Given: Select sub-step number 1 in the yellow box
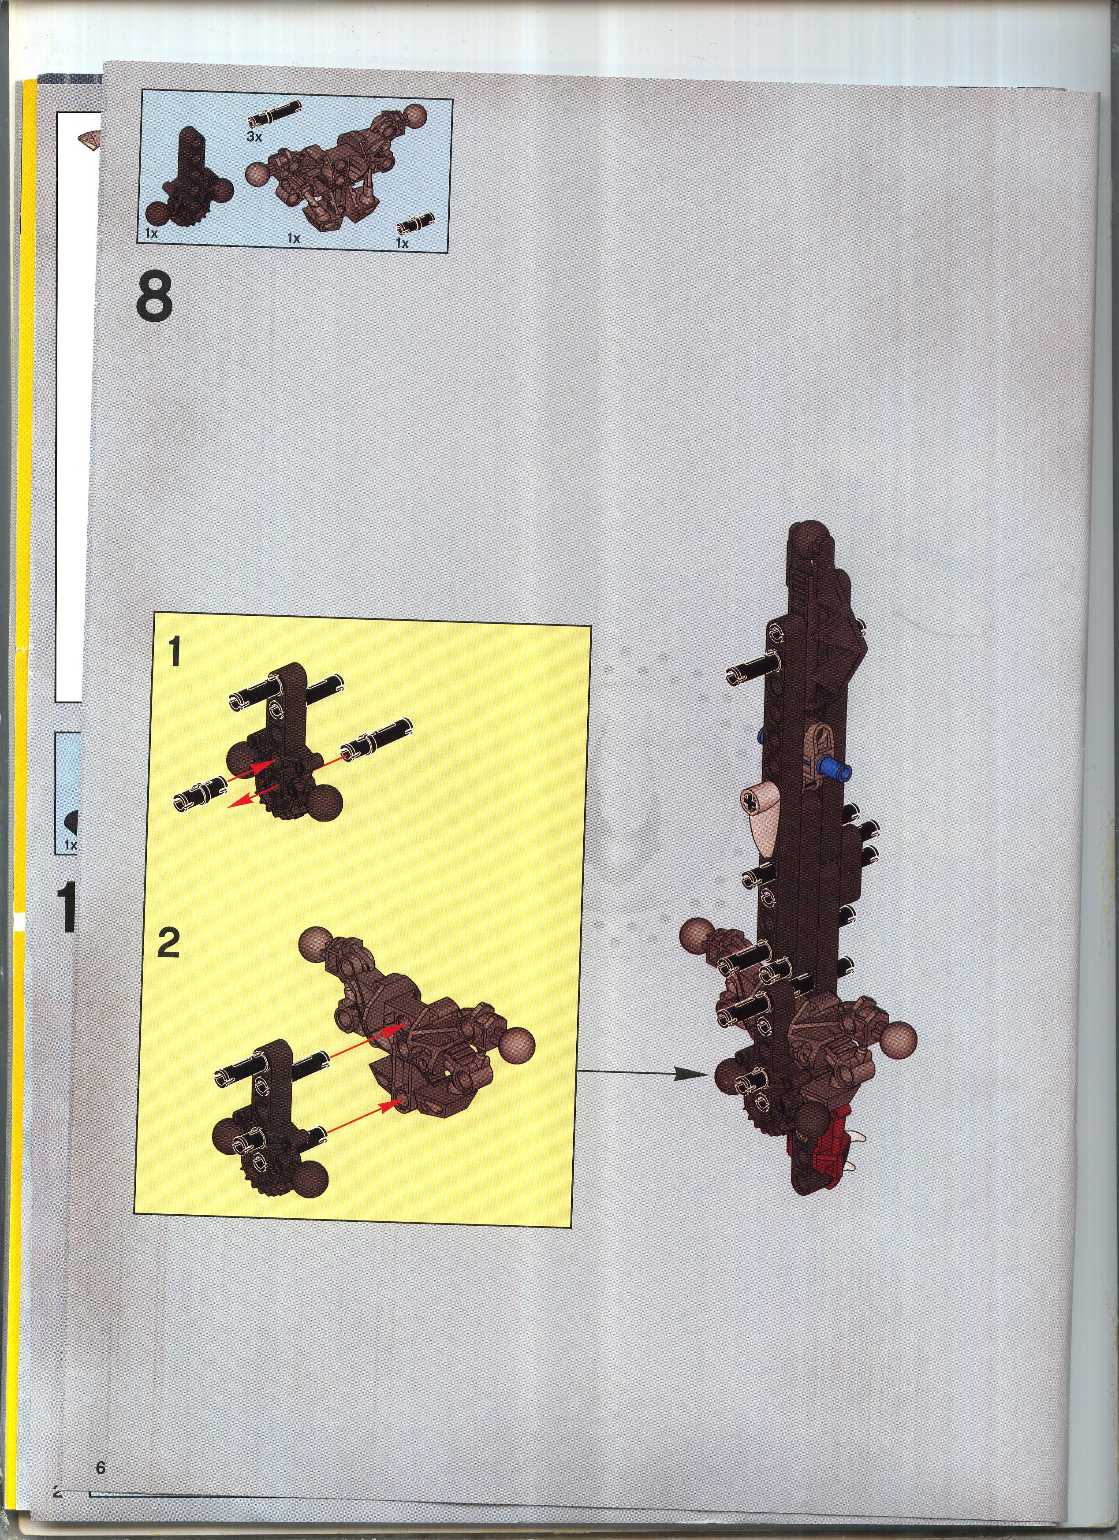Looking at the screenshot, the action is pos(174,653).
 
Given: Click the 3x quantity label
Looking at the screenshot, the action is pos(254,137).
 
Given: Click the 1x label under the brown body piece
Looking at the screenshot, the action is pos(294,238).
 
